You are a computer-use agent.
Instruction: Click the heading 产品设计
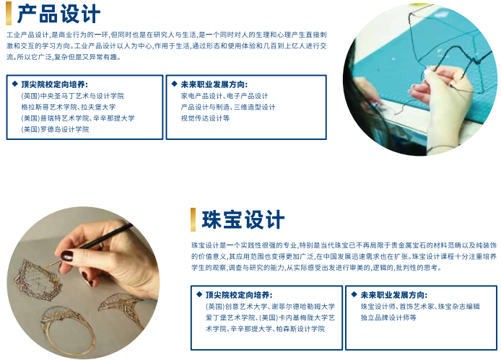[58, 14]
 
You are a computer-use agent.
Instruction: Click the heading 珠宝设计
[243, 220]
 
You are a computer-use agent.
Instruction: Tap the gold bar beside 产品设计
[9, 13]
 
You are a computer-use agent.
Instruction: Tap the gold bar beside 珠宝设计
[193, 219]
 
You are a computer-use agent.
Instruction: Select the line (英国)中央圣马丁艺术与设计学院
[72, 96]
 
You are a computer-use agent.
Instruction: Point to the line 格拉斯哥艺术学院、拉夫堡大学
[69, 107]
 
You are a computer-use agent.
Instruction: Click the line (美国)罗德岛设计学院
[55, 129]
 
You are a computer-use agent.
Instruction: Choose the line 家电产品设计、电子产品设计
[225, 96]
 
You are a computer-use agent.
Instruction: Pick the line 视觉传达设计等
[205, 118]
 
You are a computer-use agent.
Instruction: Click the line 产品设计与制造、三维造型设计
[228, 107]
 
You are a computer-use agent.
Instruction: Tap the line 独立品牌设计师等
[388, 317]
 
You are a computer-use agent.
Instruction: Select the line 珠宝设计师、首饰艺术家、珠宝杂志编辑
[420, 307]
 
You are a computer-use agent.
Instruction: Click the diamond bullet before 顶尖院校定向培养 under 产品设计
[14, 84]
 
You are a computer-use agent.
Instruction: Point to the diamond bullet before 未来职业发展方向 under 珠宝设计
[354, 294]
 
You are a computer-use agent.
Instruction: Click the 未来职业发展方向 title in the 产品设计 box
[214, 84]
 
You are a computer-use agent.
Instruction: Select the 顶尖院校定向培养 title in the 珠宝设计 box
[239, 295]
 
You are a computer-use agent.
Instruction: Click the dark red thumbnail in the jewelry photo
[67, 256]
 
